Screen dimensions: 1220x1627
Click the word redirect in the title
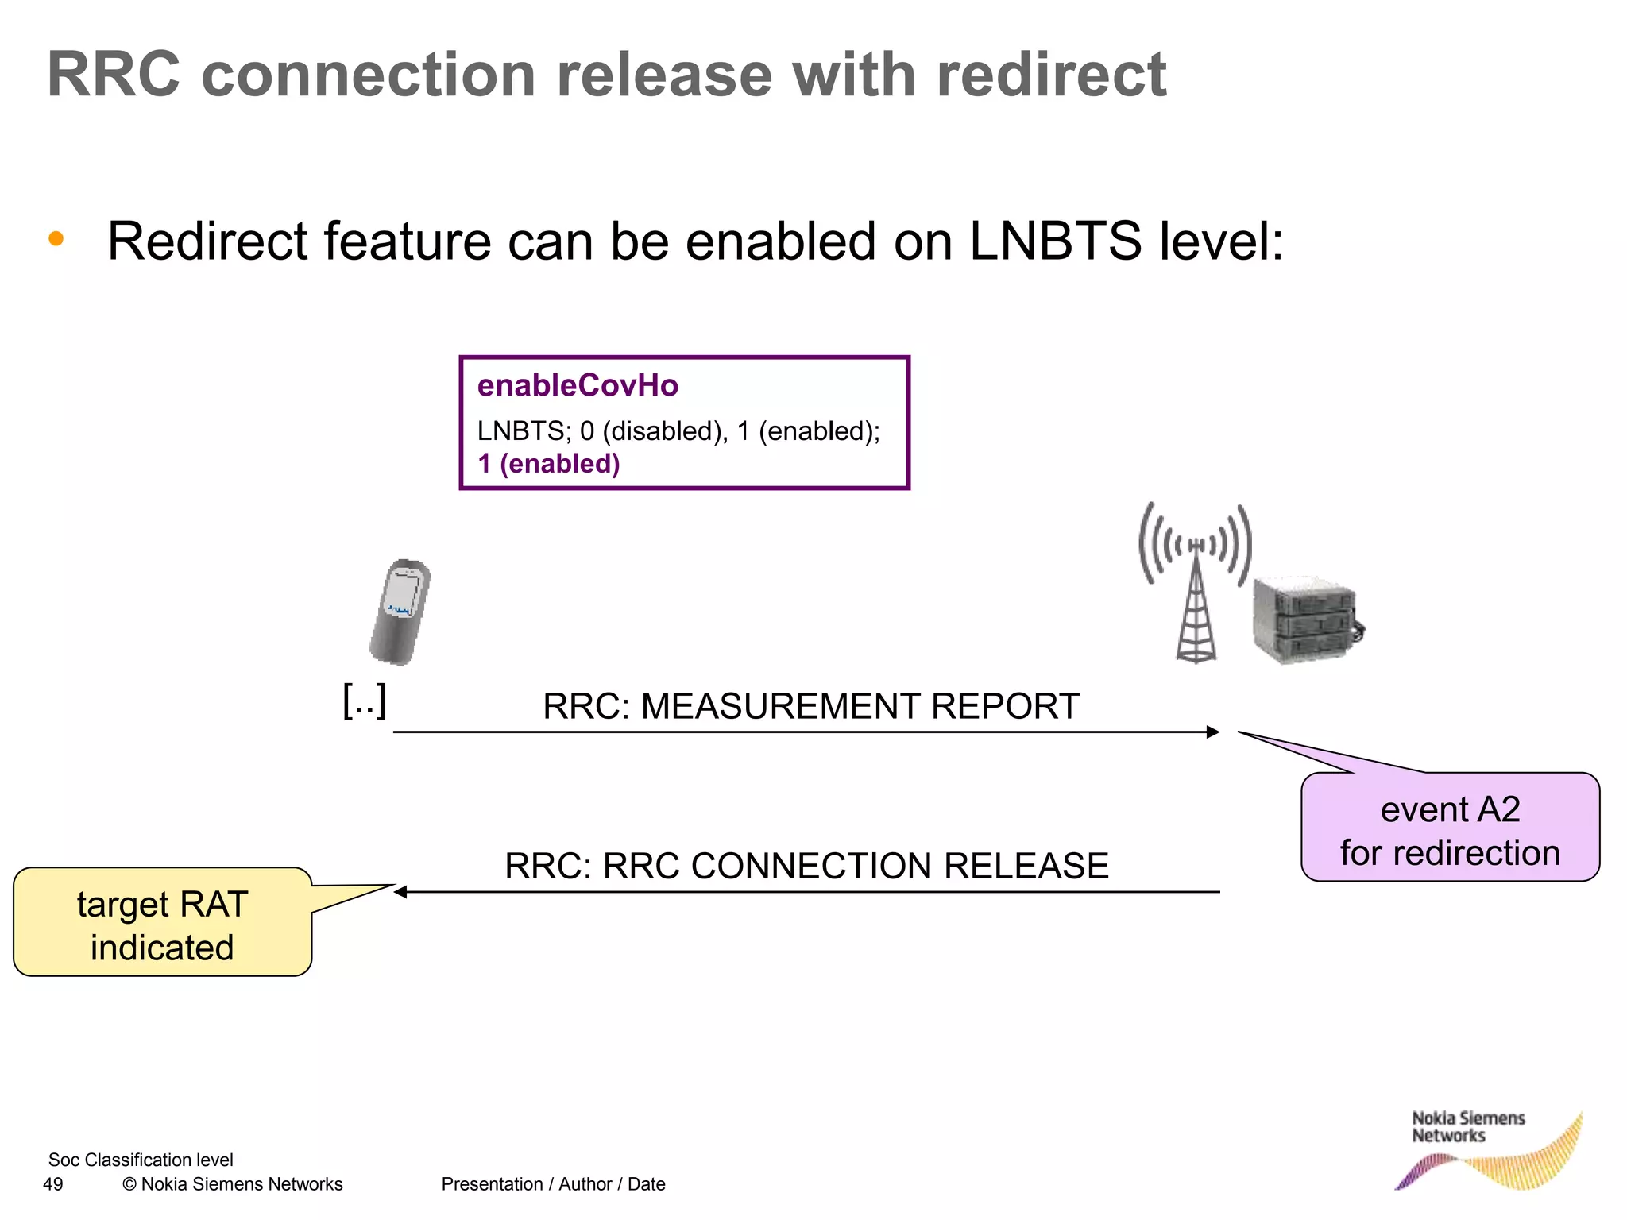click(x=1050, y=75)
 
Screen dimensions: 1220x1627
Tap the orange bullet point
click(x=56, y=238)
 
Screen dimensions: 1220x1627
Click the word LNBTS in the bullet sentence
click(x=1055, y=241)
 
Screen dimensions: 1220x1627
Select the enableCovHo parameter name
click(x=578, y=386)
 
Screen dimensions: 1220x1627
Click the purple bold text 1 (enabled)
click(x=548, y=464)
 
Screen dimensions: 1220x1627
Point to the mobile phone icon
click(x=400, y=612)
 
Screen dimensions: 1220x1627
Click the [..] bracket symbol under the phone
click(x=365, y=701)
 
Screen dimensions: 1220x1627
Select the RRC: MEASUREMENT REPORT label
click(x=810, y=706)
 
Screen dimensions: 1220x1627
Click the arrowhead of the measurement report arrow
click(x=1213, y=732)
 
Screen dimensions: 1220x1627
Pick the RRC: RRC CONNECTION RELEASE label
click(x=806, y=866)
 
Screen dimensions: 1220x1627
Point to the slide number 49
click(x=52, y=1184)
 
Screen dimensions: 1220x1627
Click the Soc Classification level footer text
click(x=141, y=1160)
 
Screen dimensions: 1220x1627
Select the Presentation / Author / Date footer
click(x=553, y=1184)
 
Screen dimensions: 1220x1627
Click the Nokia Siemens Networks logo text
click(x=1467, y=1127)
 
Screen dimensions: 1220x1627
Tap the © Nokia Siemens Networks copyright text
click(x=232, y=1184)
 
